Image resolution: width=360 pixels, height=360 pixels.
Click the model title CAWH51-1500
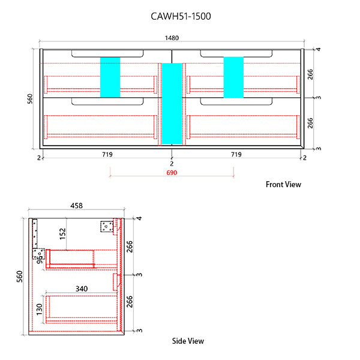pyautogui.click(x=180, y=17)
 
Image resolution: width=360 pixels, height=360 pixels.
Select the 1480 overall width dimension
pyautogui.click(x=172, y=38)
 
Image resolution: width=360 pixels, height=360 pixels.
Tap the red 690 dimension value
pyautogui.click(x=172, y=172)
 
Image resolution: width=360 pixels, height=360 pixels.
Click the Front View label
pyautogui.click(x=283, y=184)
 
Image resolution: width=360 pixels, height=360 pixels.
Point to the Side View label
pyautogui.click(x=188, y=341)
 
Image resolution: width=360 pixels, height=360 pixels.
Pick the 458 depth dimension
pyautogui.click(x=77, y=206)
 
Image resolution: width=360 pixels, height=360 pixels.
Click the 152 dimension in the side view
pyautogui.click(x=62, y=233)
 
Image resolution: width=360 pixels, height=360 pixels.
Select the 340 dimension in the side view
pyautogui.click(x=82, y=289)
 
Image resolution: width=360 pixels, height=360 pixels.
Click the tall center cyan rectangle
pyautogui.click(x=172, y=103)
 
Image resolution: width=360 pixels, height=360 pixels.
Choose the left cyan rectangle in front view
pyautogui.click(x=110, y=77)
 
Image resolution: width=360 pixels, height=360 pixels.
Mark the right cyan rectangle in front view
pyautogui.click(x=233, y=77)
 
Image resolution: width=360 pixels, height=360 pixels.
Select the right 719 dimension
pyautogui.click(x=236, y=155)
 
